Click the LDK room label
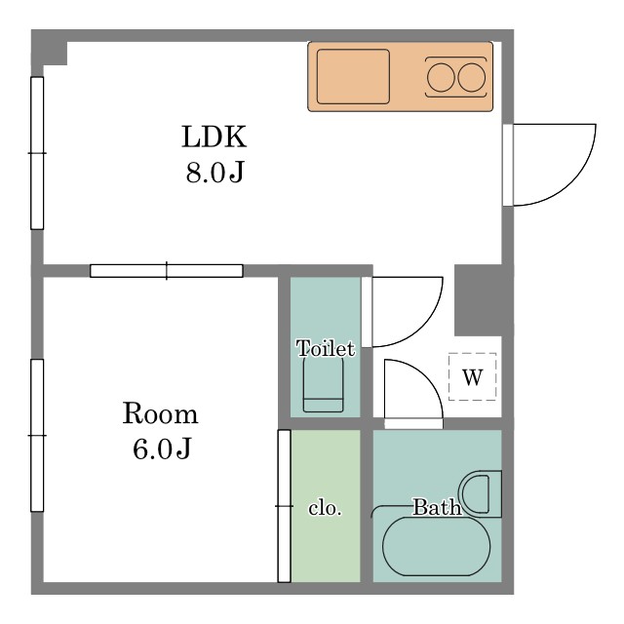tap(214, 136)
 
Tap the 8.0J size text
tap(214, 173)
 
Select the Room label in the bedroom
tap(160, 413)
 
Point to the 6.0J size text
tap(162, 448)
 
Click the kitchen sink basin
tap(353, 76)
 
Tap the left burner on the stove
tap(440, 77)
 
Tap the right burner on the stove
tap(472, 77)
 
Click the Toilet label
tap(326, 348)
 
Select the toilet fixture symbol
tap(323, 384)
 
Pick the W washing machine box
tap(472, 376)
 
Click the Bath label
tap(437, 507)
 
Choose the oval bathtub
tap(436, 546)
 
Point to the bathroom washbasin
tap(480, 493)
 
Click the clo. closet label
tap(325, 508)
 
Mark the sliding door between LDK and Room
tap(167, 271)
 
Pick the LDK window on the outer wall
tap(37, 153)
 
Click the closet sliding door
tap(284, 506)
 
